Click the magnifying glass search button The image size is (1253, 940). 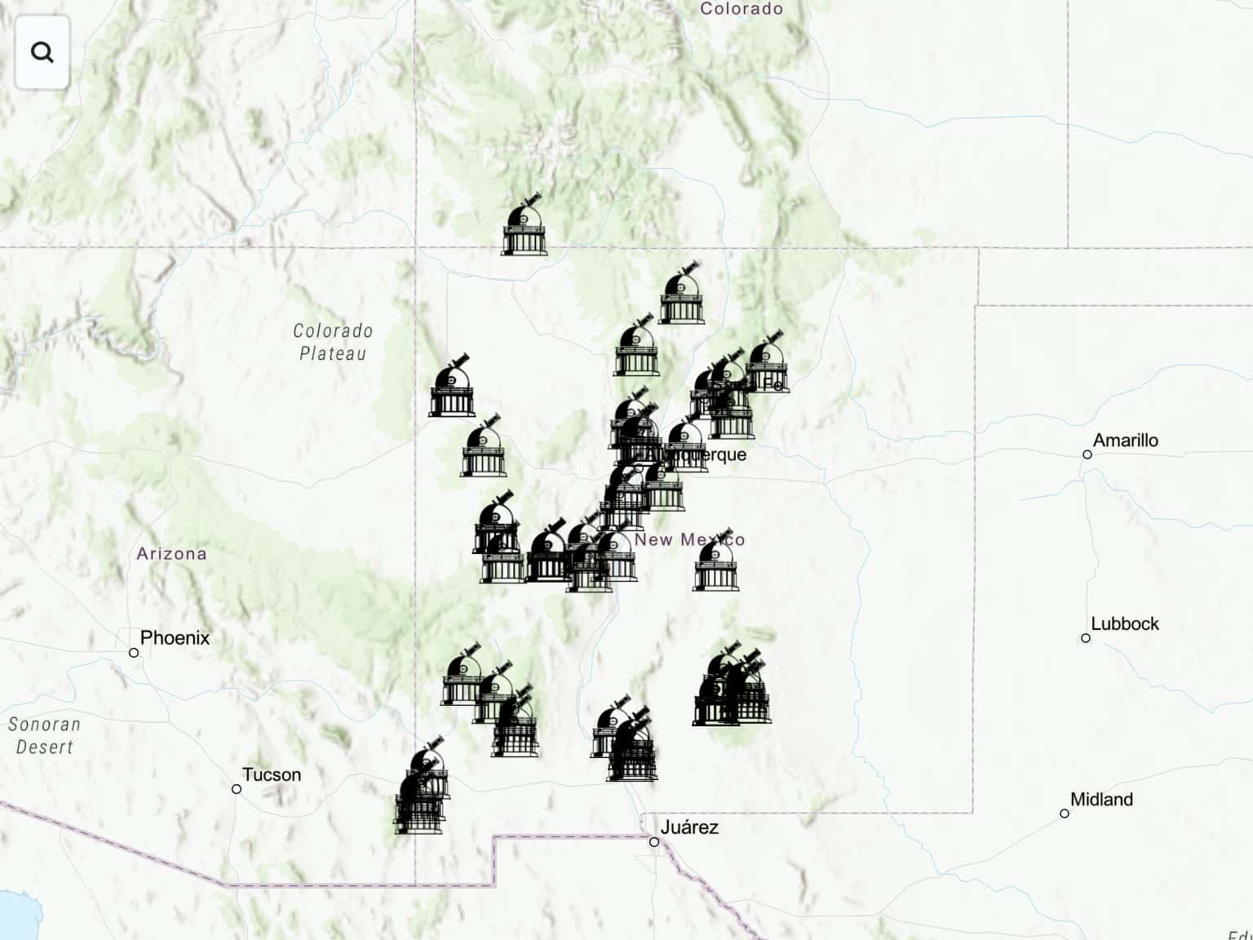tap(42, 53)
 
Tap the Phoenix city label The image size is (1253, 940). tap(175, 637)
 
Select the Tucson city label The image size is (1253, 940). tap(272, 774)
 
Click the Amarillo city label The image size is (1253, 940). tap(1125, 441)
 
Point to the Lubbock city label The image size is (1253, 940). tap(1124, 624)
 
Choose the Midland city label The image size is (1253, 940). tap(1100, 800)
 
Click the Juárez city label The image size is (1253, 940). tap(689, 827)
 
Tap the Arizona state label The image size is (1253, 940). tap(171, 553)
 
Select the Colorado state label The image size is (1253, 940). tap(741, 9)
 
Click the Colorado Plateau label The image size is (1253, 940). tap(333, 342)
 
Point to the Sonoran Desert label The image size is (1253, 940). tap(44, 735)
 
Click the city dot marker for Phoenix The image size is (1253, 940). tap(134, 653)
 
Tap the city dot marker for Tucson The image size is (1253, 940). tap(237, 789)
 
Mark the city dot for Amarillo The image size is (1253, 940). tap(1087, 454)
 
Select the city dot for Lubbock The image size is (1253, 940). tap(1086, 638)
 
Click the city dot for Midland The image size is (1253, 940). tap(1065, 814)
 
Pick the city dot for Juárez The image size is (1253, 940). tap(654, 842)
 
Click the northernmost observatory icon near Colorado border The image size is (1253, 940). tap(524, 227)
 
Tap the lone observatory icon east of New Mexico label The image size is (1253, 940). tap(715, 562)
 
